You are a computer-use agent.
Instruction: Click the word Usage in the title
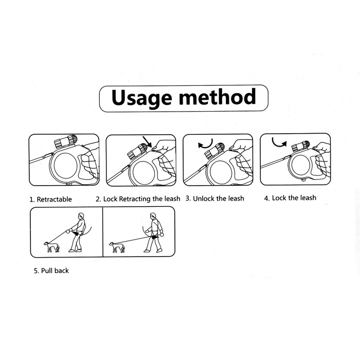pyautogui.click(x=141, y=98)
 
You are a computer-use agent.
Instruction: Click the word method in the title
pyautogui.click(x=217, y=97)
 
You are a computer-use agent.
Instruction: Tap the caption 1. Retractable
pyautogui.click(x=51, y=200)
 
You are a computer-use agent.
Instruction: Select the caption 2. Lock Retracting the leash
pyautogui.click(x=138, y=199)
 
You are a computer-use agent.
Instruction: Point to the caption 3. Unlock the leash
pyautogui.click(x=215, y=199)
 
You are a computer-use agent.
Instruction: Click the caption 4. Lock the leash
pyautogui.click(x=290, y=198)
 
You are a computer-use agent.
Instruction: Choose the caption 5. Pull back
pyautogui.click(x=51, y=271)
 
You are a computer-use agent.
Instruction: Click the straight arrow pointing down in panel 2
pyautogui.click(x=147, y=141)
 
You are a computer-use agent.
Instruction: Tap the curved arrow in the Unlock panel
pyautogui.click(x=206, y=143)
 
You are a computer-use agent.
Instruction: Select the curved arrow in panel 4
pyautogui.click(x=279, y=143)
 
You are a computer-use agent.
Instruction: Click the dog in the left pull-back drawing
pyautogui.click(x=51, y=247)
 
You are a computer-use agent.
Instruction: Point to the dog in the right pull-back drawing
pyautogui.click(x=117, y=247)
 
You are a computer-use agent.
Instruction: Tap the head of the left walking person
pyautogui.click(x=81, y=216)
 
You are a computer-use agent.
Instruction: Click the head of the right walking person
pyautogui.click(x=153, y=216)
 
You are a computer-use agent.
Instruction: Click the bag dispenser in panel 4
pyautogui.click(x=300, y=147)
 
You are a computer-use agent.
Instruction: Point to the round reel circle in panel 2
pyautogui.click(x=143, y=173)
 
